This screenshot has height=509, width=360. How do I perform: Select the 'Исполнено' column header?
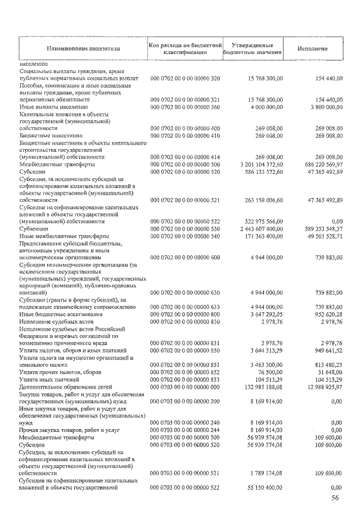tap(313, 48)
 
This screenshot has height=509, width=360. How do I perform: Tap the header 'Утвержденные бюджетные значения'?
tap(253, 48)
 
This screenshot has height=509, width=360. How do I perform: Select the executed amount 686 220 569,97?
tap(316, 164)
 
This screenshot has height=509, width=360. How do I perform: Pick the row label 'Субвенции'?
tap(33, 229)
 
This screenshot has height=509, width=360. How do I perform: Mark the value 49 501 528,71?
tap(318, 236)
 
